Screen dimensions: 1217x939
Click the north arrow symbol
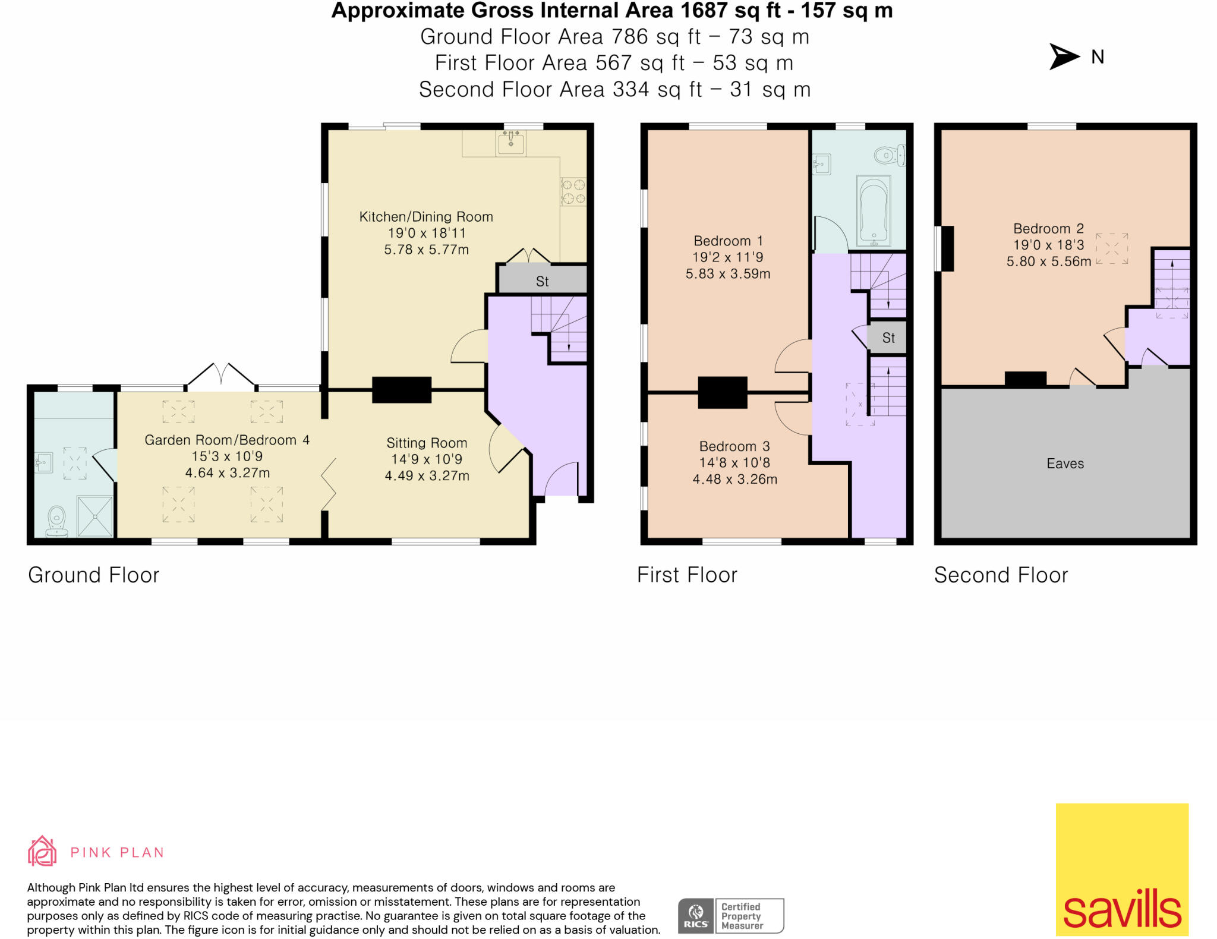pos(1064,56)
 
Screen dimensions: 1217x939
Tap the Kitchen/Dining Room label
pos(426,217)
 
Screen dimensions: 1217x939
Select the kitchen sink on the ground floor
pos(511,143)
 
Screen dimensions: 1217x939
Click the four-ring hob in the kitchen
pos(573,192)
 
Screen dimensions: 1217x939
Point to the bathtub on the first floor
pos(874,210)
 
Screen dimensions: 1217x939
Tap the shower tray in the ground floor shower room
pos(95,516)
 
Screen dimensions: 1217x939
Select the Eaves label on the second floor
pos(1065,464)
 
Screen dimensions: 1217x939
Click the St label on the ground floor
pos(542,282)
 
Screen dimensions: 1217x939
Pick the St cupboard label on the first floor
pos(888,338)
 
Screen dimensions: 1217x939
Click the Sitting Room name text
pos(427,443)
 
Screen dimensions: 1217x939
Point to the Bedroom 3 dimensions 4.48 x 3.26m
pos(735,479)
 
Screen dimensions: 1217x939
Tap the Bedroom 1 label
pos(728,241)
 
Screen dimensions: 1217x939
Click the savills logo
pos(1122,869)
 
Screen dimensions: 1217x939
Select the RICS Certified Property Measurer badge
pos(731,916)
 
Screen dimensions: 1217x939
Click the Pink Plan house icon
pos(42,851)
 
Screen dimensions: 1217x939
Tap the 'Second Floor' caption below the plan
pos(1001,575)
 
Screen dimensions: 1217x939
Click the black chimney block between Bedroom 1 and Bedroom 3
pos(722,392)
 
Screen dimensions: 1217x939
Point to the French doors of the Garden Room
pos(221,374)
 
